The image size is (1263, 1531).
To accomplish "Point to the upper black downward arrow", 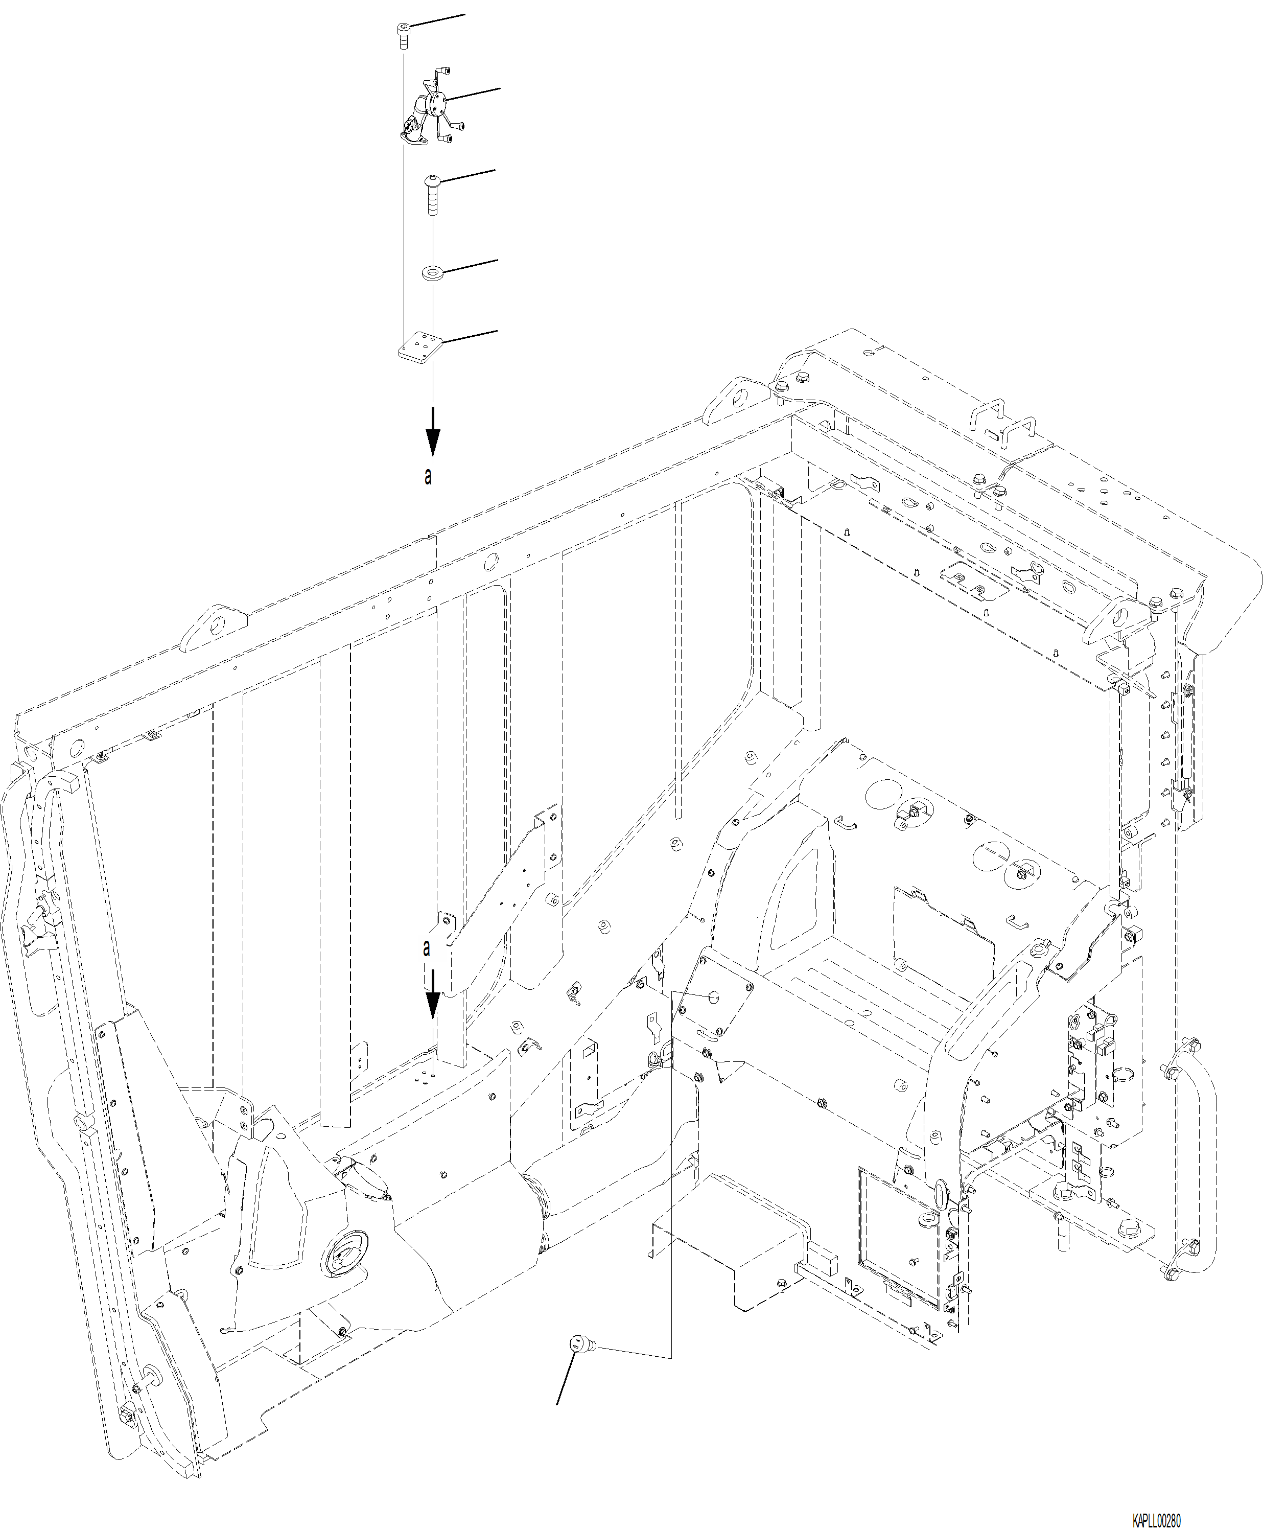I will point(433,432).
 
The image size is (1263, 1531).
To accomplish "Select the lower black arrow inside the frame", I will point(433,995).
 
